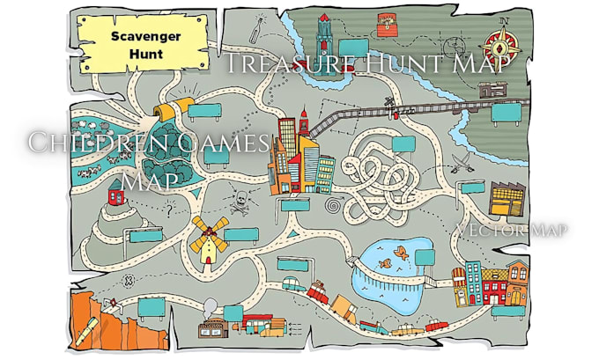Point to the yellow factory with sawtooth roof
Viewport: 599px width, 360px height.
click(x=506, y=198)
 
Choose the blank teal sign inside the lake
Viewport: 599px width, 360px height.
click(x=425, y=256)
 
